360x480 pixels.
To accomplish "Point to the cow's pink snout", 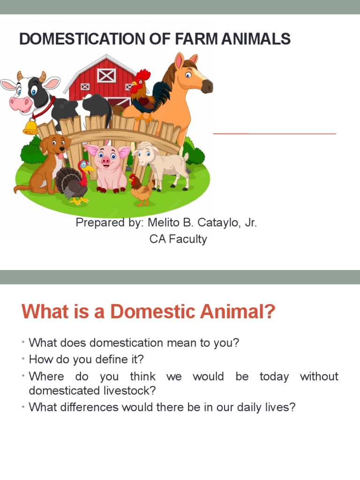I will (21, 103).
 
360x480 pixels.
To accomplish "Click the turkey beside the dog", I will (75, 183).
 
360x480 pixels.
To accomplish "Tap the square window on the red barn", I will (106, 75).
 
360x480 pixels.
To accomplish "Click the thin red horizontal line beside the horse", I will (275, 134).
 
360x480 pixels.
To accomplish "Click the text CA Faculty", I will (178, 239).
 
